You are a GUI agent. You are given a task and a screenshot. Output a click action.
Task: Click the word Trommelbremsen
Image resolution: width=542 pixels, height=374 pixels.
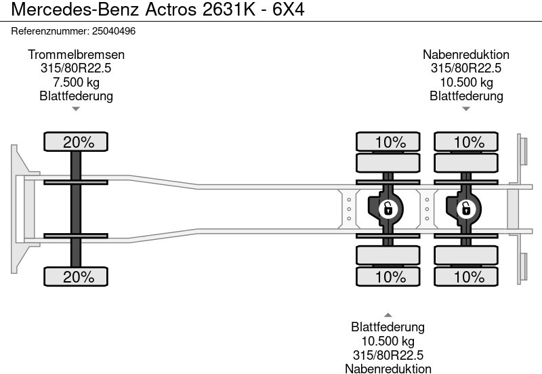point(76,55)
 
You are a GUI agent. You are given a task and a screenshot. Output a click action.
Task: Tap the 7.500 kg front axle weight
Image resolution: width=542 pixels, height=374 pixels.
point(76,82)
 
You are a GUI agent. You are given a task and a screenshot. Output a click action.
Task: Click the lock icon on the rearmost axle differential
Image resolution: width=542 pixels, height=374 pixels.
point(466,209)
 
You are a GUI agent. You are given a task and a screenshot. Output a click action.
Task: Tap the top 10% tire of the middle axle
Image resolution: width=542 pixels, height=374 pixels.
point(390,142)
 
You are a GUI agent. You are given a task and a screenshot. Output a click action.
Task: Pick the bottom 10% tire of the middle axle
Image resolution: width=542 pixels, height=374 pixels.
point(390,276)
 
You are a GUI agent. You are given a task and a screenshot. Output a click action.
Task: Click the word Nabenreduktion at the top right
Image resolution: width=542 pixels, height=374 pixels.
point(466,55)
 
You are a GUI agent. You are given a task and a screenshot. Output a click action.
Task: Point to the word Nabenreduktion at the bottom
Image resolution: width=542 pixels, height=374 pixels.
point(388,369)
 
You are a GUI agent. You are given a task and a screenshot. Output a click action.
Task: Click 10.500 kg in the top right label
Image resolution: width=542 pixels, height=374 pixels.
point(466,82)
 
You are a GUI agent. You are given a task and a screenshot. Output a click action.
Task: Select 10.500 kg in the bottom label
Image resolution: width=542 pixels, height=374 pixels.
point(388,341)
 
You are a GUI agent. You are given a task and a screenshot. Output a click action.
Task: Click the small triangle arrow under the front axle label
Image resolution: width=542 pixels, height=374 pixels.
point(76,108)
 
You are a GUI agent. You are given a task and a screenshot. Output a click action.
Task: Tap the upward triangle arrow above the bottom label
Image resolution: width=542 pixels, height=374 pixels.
point(388,314)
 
